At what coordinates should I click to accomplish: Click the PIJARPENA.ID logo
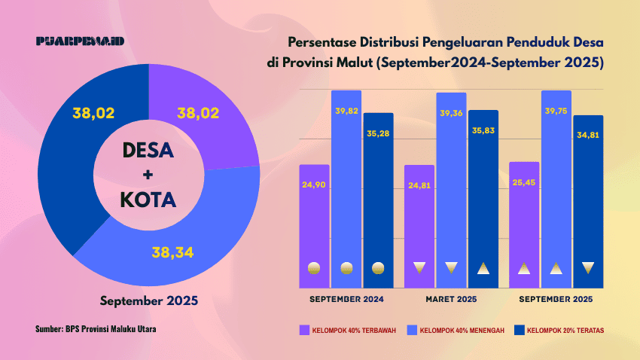[x=81, y=41]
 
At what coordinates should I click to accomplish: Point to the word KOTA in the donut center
[x=148, y=200]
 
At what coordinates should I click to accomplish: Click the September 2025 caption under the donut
[x=149, y=301]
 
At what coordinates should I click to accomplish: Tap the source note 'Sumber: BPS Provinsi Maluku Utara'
[x=96, y=329]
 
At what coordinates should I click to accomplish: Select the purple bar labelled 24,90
[x=314, y=226]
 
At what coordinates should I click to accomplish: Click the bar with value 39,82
[x=346, y=188]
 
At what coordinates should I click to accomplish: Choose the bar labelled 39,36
[x=451, y=188]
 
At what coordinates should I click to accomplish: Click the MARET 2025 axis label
[x=452, y=300]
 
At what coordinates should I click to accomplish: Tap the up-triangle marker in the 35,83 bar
[x=483, y=267]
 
